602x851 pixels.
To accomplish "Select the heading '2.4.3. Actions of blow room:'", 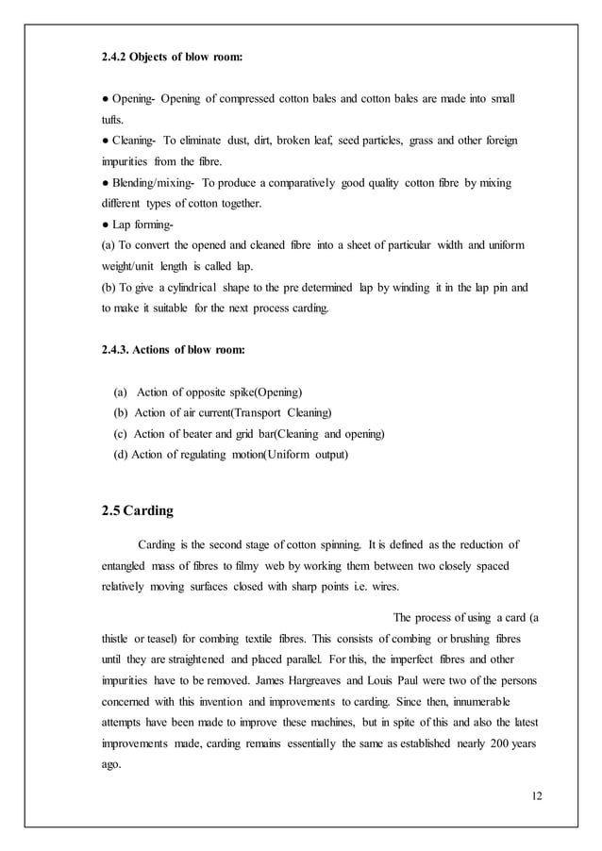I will click(173, 350).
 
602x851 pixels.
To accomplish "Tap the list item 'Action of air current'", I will click(184, 412).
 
